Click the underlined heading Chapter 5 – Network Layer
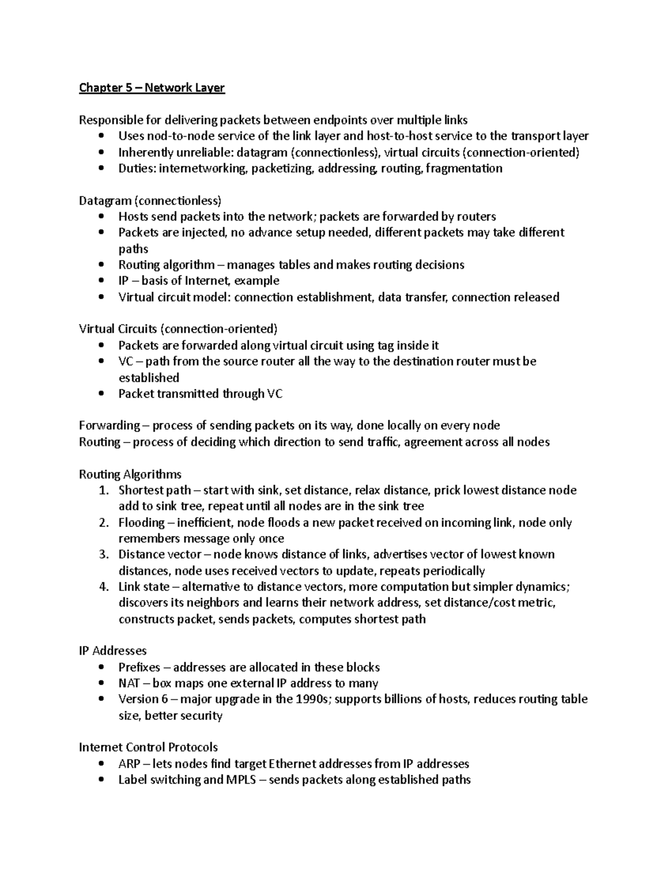point(152,88)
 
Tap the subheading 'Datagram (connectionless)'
point(150,201)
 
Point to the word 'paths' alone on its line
point(133,249)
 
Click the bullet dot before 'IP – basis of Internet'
point(101,281)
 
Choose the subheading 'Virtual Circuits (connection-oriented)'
point(178,329)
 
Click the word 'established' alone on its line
point(148,378)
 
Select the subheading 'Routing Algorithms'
point(130,474)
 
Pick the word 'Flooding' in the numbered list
point(141,523)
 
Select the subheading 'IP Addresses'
point(113,651)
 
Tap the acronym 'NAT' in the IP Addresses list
point(129,683)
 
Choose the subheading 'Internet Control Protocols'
point(148,747)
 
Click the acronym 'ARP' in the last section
point(128,764)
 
